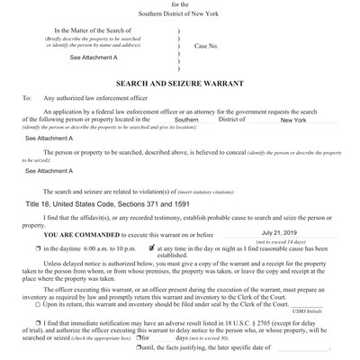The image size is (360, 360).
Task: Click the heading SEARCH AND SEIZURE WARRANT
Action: tap(180, 80)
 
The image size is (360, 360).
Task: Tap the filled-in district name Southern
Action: tap(186, 120)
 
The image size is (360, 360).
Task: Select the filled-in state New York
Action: tap(293, 120)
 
